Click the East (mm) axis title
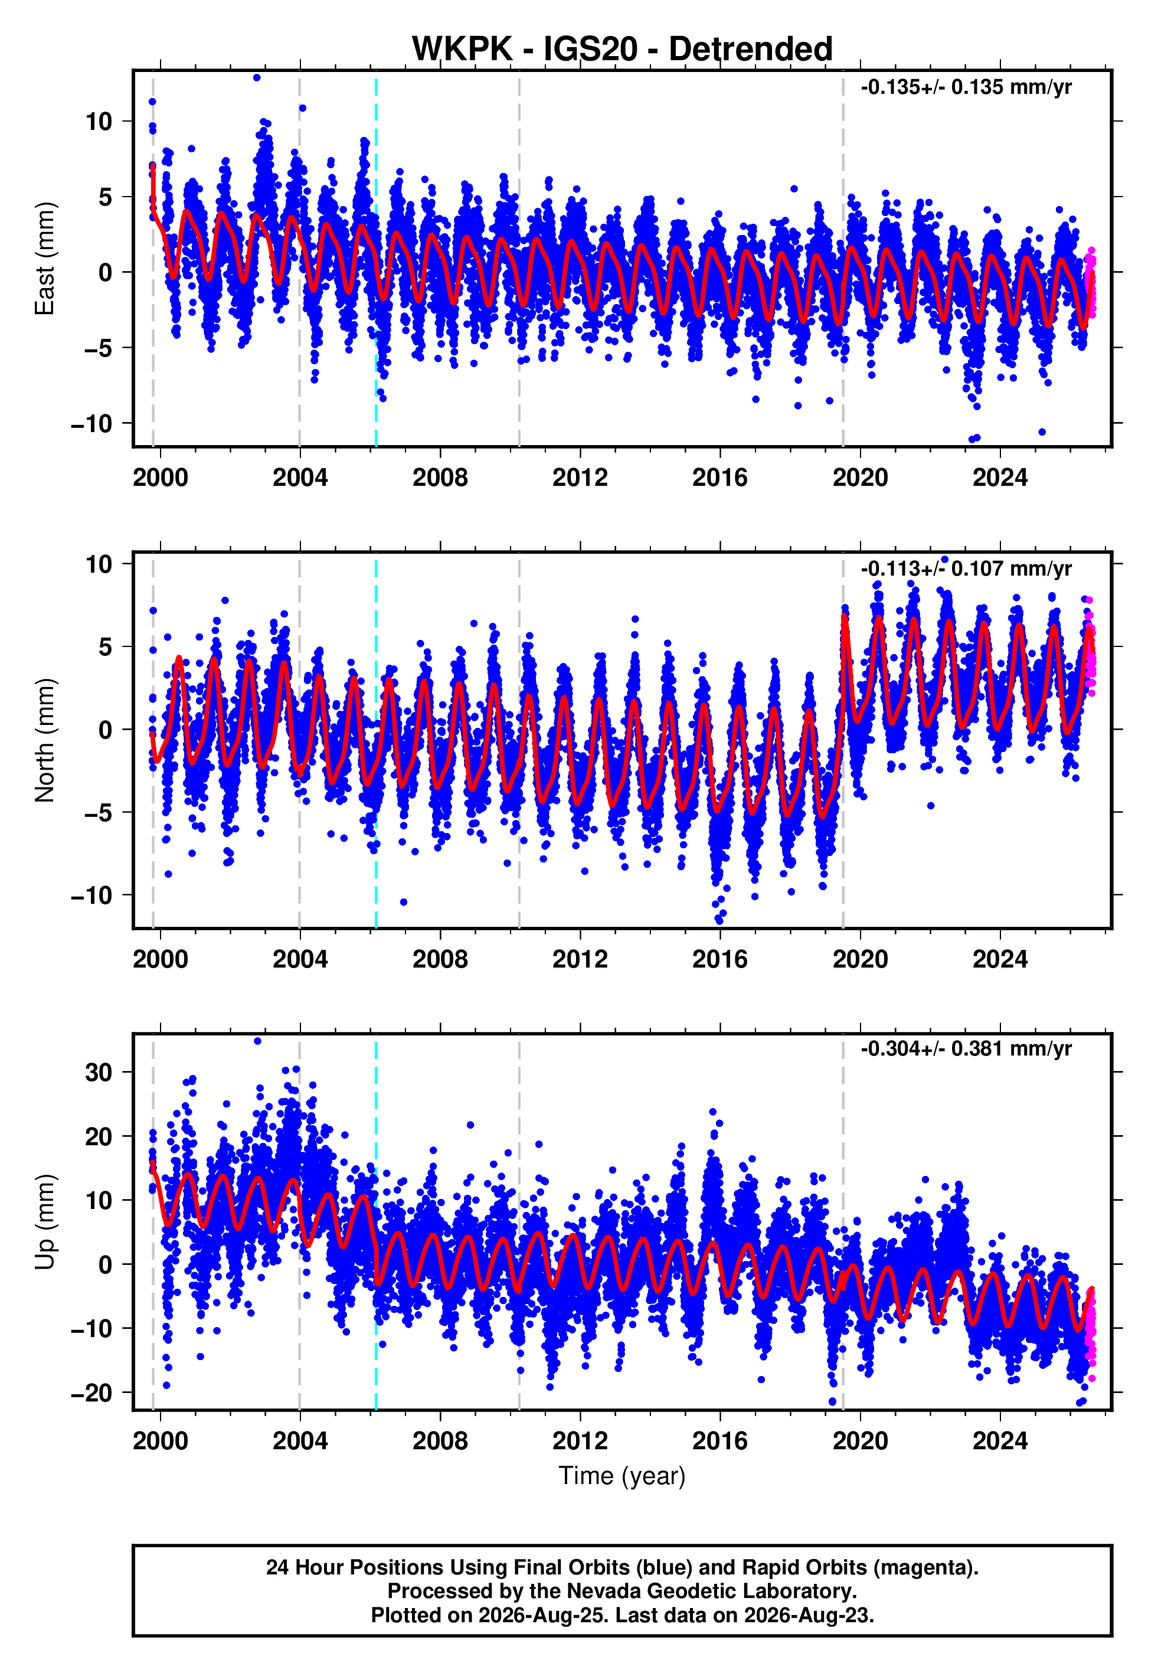click(45, 259)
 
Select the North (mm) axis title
click(45, 740)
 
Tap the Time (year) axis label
click(622, 1476)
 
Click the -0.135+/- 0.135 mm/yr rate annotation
click(966, 88)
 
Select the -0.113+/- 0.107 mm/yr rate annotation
click(966, 569)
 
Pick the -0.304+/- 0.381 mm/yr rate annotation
click(966, 1049)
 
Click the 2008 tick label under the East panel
click(440, 478)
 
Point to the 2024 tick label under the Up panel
click(1000, 1441)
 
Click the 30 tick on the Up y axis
click(99, 1072)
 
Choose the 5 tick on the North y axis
click(106, 646)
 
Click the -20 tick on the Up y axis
click(91, 1393)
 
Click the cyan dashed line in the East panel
click(376, 259)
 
